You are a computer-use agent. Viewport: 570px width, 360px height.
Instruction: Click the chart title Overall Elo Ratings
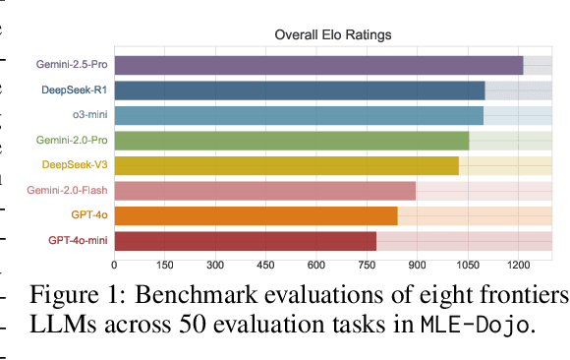332,35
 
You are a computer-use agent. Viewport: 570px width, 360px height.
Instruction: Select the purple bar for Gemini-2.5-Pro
318,66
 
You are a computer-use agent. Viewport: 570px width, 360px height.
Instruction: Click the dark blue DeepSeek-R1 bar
300,90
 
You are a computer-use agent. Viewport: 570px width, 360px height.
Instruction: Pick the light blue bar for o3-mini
299,115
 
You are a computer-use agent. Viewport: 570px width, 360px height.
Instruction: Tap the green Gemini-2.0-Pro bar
292,141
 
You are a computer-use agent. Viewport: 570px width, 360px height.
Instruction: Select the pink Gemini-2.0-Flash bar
265,191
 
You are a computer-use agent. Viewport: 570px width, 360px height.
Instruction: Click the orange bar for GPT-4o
256,215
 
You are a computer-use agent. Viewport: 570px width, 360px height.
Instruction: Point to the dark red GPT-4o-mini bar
246,240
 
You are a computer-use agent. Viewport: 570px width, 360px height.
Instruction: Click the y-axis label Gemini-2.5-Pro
71,66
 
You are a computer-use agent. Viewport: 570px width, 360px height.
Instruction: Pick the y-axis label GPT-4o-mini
78,240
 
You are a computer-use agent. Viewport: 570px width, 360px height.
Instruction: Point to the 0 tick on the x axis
115,265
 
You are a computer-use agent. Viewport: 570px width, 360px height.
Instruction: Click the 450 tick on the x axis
265,265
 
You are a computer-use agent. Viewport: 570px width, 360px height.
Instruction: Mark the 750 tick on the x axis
367,265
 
